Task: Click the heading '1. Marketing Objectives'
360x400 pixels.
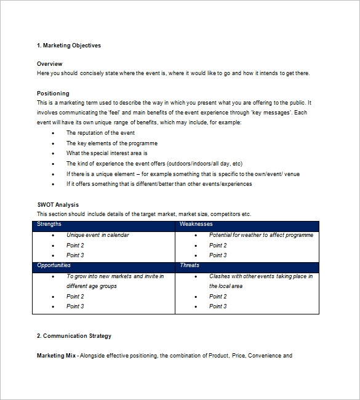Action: coord(68,46)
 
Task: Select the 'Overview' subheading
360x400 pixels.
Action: coord(49,64)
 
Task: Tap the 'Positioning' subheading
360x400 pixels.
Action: coord(53,94)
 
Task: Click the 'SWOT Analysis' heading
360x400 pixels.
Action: coord(58,205)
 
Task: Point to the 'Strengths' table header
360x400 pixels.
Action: coord(49,225)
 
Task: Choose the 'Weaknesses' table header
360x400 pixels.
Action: coord(196,225)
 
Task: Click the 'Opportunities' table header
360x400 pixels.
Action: coord(54,265)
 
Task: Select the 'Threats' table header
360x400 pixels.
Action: coord(190,265)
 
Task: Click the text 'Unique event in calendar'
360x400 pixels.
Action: coord(98,235)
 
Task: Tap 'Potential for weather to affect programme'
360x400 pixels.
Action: coord(261,235)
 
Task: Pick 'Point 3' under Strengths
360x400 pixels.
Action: coord(75,255)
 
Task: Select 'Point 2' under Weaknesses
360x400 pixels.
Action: coord(218,245)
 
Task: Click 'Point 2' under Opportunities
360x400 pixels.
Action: coord(75,296)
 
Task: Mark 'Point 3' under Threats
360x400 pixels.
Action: coord(218,306)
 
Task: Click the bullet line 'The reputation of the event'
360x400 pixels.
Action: coord(100,133)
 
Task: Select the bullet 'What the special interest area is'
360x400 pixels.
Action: coord(107,153)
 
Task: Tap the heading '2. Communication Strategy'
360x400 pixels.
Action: coord(74,336)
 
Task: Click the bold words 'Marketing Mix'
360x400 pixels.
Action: coord(56,356)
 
